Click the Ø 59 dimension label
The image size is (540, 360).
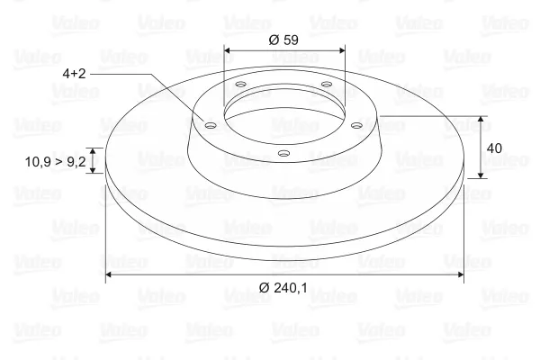283,40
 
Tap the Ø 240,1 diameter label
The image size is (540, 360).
283,287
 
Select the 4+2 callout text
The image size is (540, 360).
74,74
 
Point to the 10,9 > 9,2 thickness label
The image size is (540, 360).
55,162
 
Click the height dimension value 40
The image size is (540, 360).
494,148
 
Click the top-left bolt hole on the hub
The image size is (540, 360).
240,85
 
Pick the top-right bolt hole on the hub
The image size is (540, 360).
327,84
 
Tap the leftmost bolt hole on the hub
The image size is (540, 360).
211,125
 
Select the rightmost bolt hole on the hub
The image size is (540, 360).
356,125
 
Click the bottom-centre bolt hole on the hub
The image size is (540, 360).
283,153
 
